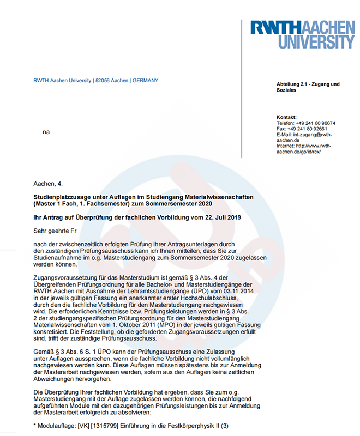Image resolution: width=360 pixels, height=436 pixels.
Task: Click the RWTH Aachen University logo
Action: (x=302, y=34)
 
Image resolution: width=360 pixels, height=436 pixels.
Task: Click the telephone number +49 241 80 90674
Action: (x=315, y=123)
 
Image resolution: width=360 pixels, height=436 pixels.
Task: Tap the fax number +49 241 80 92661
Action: (x=311, y=129)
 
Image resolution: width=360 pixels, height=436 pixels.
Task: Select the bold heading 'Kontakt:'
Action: (x=286, y=117)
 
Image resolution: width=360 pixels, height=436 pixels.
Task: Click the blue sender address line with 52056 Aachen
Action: (x=95, y=81)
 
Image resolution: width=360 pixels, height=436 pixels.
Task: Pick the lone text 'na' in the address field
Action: (x=46, y=132)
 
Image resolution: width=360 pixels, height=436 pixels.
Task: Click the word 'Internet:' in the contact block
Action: (x=286, y=146)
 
